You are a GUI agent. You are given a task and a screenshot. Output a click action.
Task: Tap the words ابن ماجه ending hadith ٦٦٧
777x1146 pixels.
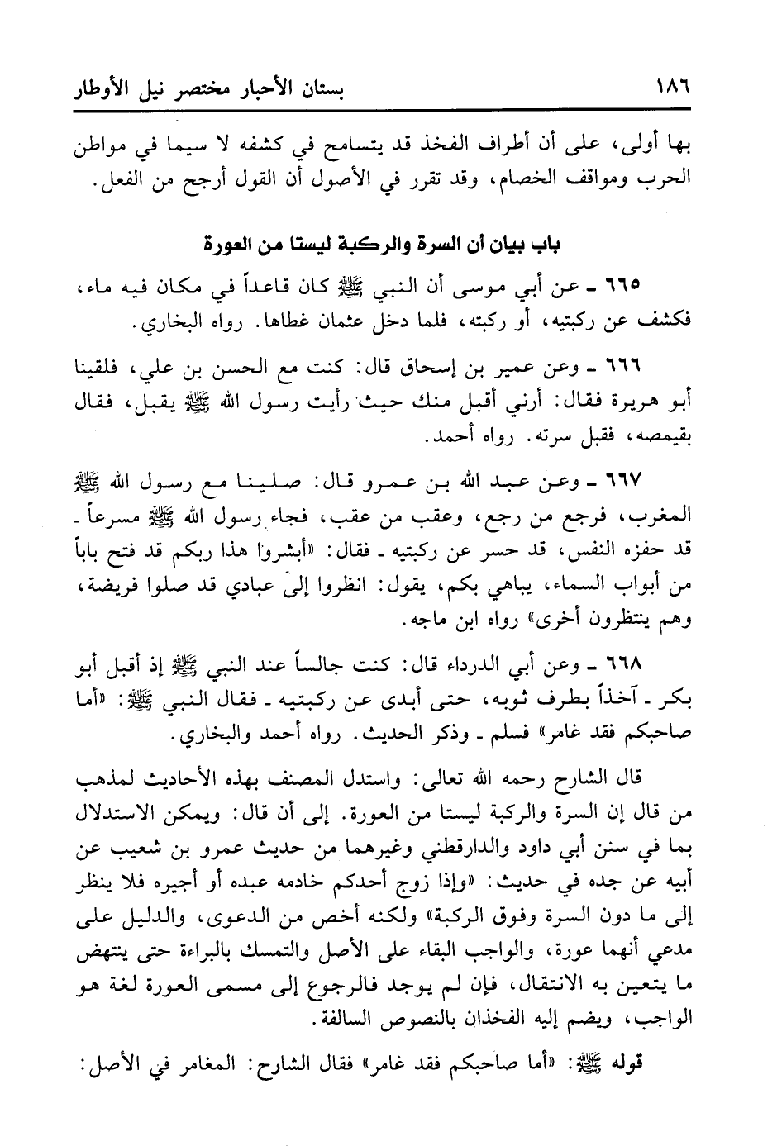[x=434, y=620]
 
